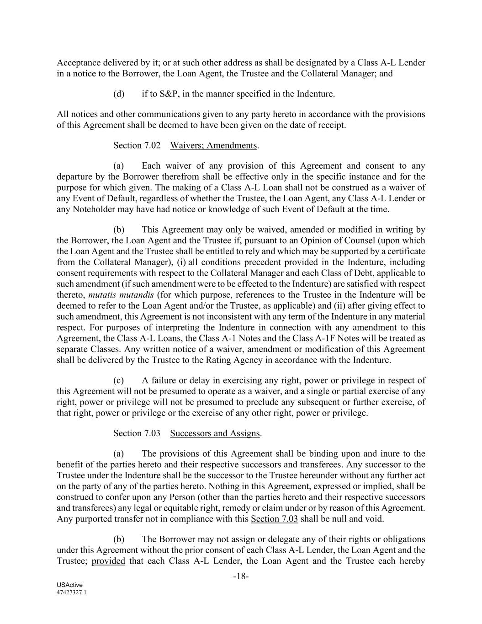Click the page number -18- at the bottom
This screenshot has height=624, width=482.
tap(241, 576)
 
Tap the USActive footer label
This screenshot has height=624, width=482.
tap(67, 585)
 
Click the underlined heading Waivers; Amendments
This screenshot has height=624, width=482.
tap(213, 145)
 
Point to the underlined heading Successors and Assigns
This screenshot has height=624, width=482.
tap(215, 433)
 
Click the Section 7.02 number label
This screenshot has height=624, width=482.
tap(137, 145)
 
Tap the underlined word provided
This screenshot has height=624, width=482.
tap(108, 561)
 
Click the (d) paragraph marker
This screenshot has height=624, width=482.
tap(119, 94)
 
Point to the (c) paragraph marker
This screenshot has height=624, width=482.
tap(119, 380)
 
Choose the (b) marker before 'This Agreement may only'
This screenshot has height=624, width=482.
tap(119, 229)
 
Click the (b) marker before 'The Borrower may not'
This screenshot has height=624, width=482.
tap(119, 539)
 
